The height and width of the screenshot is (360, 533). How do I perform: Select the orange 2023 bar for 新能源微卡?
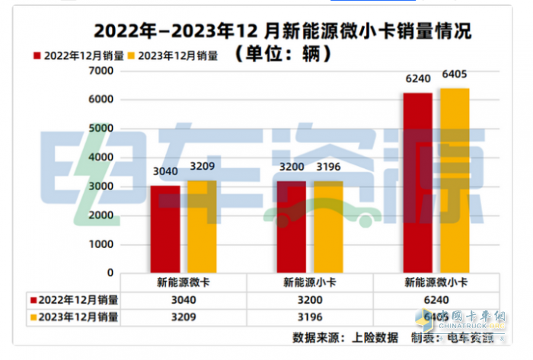(202, 227)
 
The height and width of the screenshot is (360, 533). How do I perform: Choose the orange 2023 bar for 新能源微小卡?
(455, 180)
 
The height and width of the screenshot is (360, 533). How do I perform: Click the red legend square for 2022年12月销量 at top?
(37, 56)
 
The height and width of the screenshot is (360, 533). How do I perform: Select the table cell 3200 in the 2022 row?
(313, 299)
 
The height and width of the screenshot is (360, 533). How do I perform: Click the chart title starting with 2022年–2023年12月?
(282, 32)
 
